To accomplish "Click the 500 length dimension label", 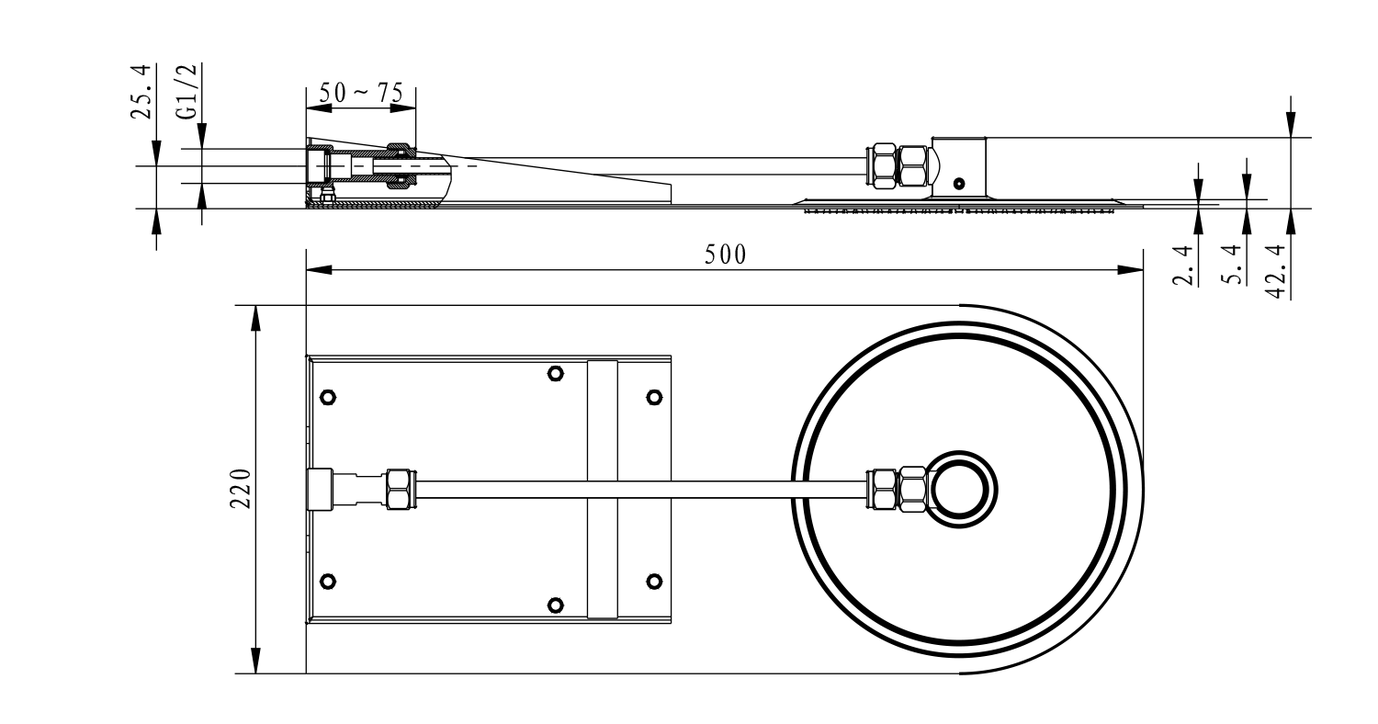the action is pos(726,255).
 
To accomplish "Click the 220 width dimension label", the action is pos(241,489).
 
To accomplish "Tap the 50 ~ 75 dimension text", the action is pos(361,93).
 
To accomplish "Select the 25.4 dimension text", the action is pos(141,91).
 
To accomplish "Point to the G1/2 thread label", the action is pos(187,91).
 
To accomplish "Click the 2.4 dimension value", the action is pos(1183,266).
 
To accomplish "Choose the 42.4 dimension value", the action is pos(1277,271).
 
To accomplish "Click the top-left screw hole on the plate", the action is pos(328,397).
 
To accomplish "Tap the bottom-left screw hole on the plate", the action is pos(328,582).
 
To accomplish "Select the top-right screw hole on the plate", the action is pos(654,397).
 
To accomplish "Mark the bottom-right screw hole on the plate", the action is pos(654,582).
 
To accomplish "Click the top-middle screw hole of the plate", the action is pos(556,373).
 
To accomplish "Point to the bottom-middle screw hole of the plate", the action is pos(556,605).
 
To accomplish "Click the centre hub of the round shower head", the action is pos(960,490).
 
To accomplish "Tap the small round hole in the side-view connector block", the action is pos(959,184).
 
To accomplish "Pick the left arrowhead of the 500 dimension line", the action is pos(319,270).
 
